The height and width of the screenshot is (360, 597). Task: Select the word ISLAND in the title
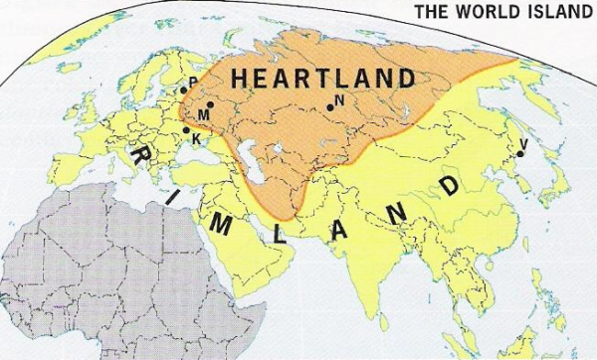click(x=549, y=12)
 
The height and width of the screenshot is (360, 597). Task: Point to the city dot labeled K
click(x=185, y=129)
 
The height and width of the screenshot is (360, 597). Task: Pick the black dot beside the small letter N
click(x=329, y=108)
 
